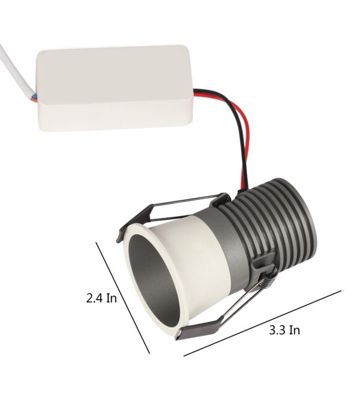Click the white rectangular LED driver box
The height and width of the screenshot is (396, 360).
115,88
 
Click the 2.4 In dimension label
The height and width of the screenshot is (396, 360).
101,298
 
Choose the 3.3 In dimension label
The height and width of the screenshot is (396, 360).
284,331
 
